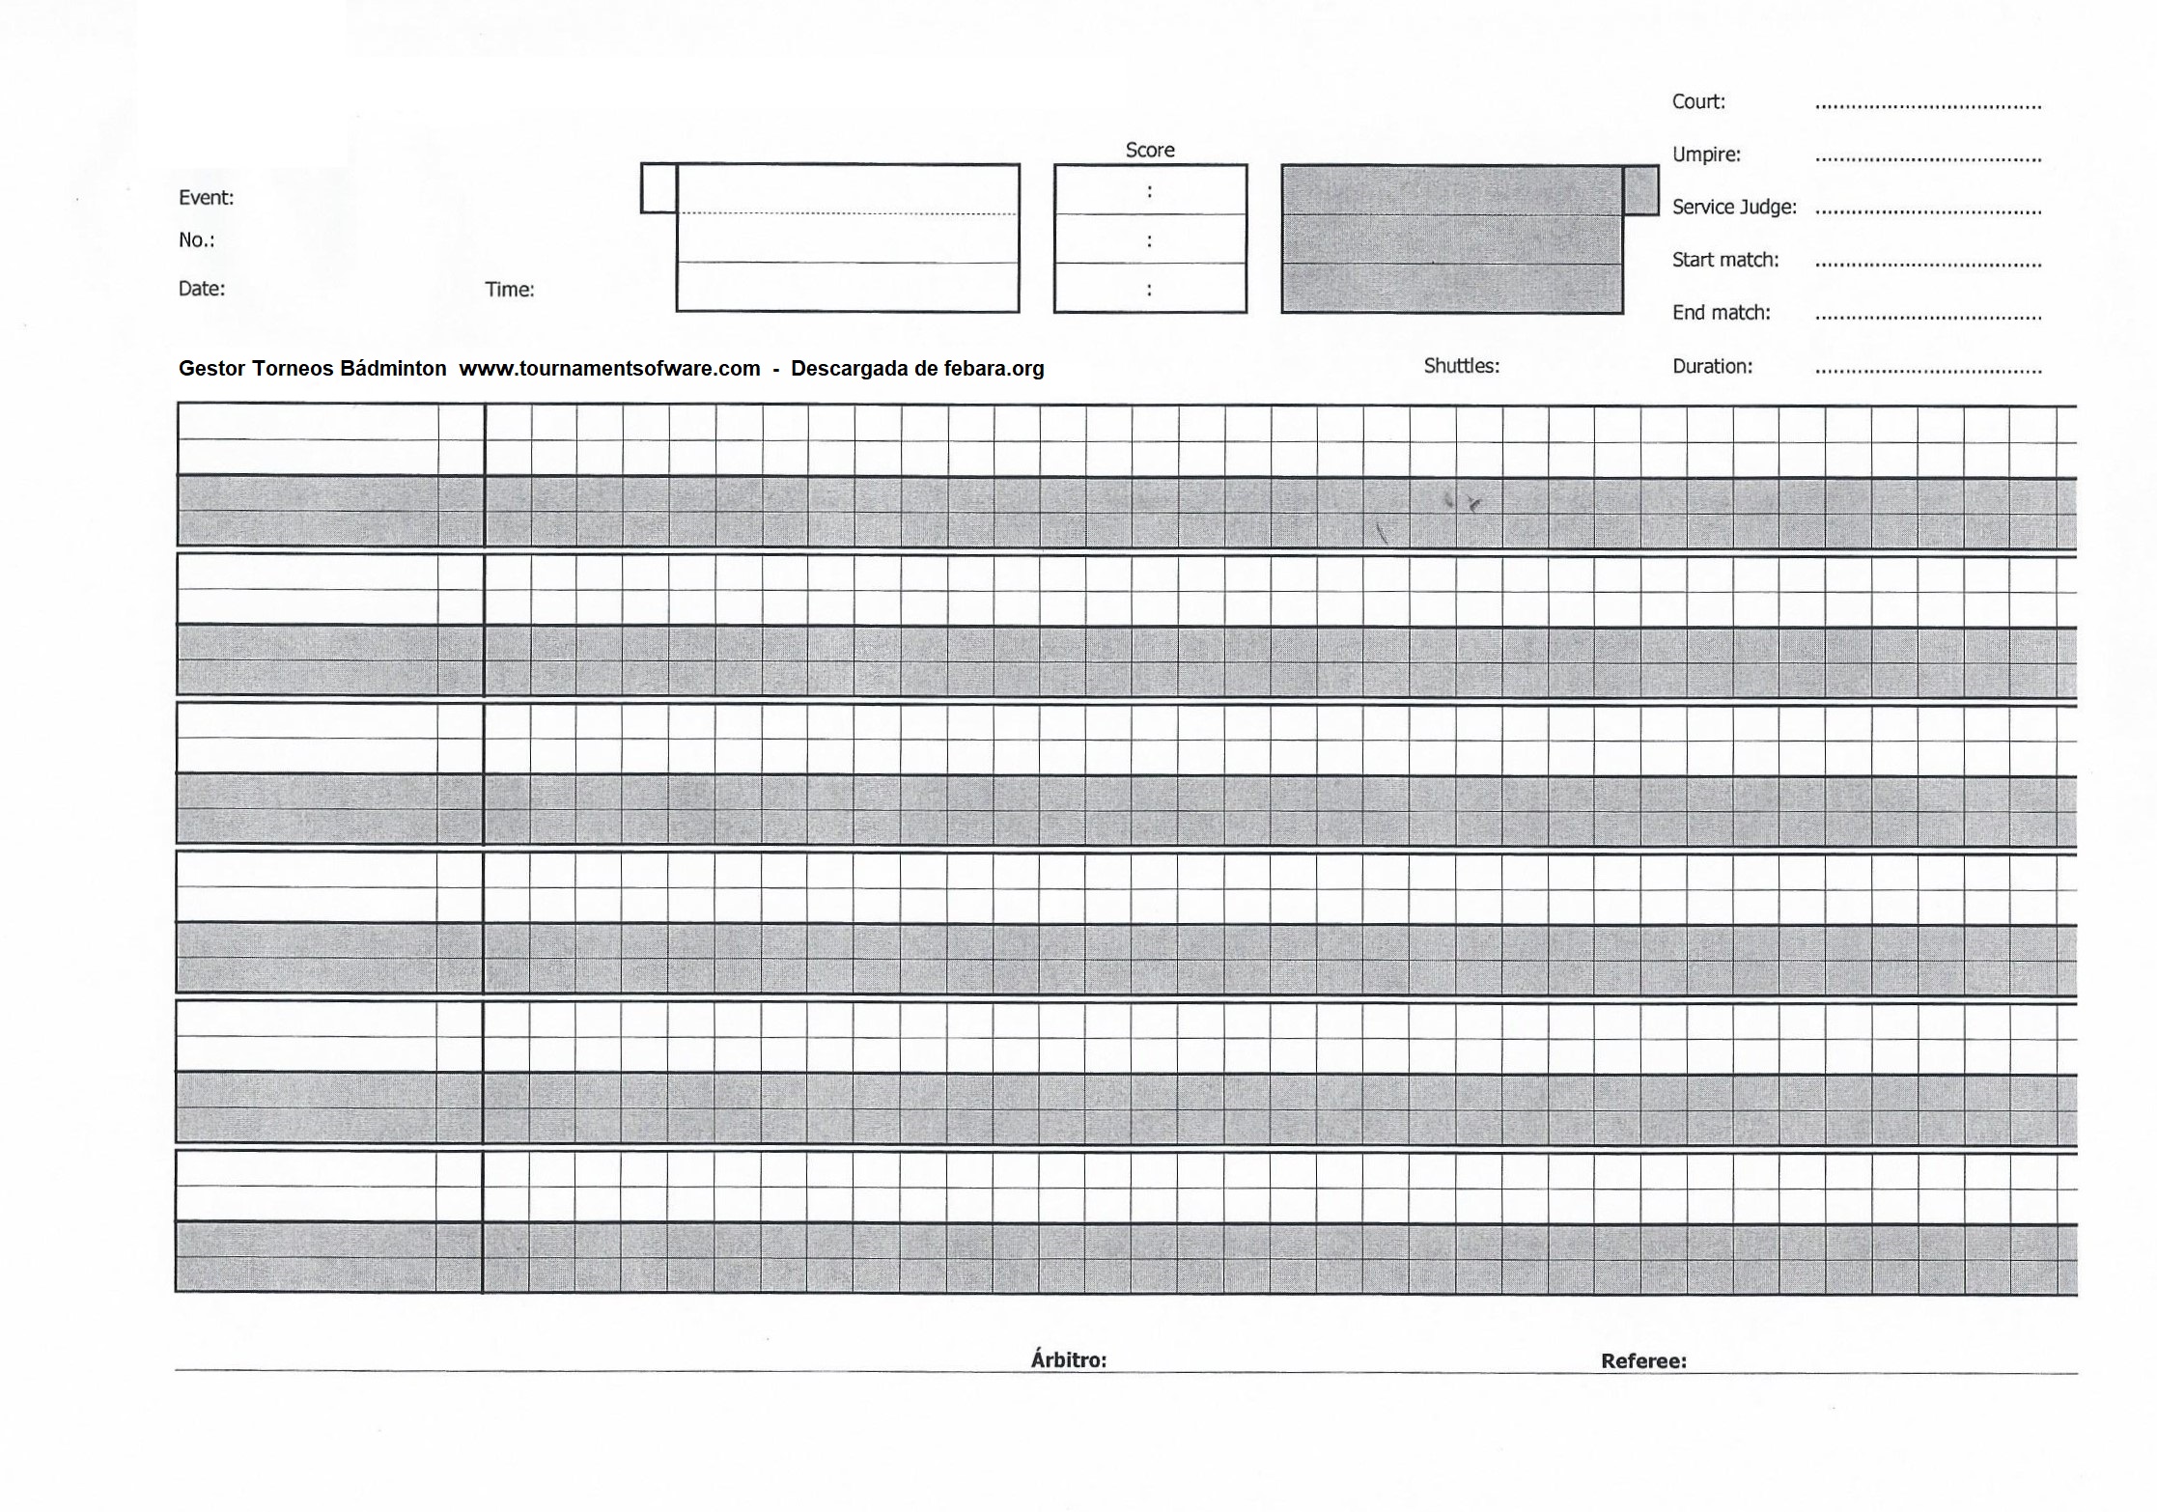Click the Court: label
(x=1698, y=101)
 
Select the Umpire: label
(x=1706, y=154)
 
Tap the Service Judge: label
(x=1734, y=207)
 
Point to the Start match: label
(x=1725, y=260)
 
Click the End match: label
(x=1721, y=313)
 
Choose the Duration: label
(x=1712, y=366)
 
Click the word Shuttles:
(x=1461, y=366)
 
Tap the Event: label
(x=206, y=198)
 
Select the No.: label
(x=196, y=240)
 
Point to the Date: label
(x=201, y=289)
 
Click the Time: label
(x=510, y=290)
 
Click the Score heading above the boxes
(x=1149, y=150)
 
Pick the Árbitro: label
(x=1068, y=1360)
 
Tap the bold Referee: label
(x=1643, y=1361)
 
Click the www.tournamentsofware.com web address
(x=609, y=369)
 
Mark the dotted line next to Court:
(x=1927, y=106)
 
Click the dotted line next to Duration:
(x=1927, y=371)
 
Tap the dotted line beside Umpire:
(x=1927, y=159)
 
